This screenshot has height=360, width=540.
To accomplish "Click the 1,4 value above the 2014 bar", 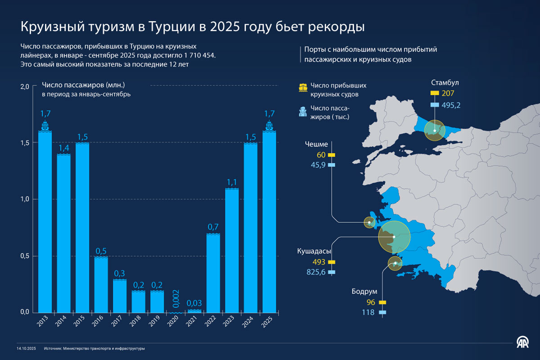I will (64, 148).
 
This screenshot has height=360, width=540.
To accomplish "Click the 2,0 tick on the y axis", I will (25, 86).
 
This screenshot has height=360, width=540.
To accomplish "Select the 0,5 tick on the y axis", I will (25, 256).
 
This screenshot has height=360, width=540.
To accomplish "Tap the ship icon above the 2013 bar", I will (45, 126).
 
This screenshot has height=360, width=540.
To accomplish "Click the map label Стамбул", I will (445, 83).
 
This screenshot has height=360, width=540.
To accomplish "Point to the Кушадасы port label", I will (314, 251).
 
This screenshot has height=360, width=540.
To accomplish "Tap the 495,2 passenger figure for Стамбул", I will (451, 105).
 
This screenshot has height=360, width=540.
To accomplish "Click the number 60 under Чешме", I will (321, 155).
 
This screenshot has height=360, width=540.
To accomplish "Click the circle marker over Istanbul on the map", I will (435, 130).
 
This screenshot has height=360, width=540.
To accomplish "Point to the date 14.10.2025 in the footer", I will (27, 348).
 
